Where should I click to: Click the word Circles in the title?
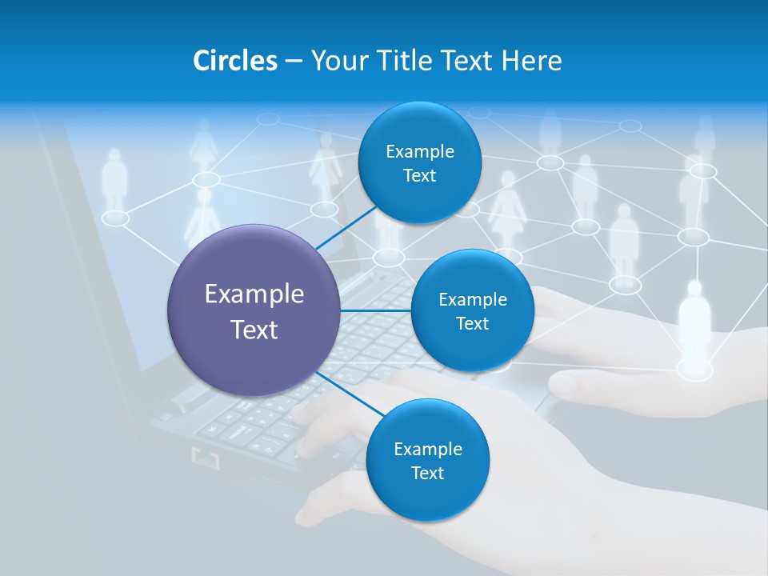tap(234, 61)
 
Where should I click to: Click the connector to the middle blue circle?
tap(376, 310)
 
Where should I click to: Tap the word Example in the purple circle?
tap(254, 294)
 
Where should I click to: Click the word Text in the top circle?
tap(419, 176)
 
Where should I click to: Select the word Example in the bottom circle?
tap(428, 450)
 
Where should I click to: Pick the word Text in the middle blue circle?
tap(472, 324)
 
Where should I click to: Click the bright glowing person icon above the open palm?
tap(694, 320)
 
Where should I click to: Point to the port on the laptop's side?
tap(205, 458)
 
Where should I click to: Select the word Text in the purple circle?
tap(254, 330)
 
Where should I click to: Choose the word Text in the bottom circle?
tap(427, 474)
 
